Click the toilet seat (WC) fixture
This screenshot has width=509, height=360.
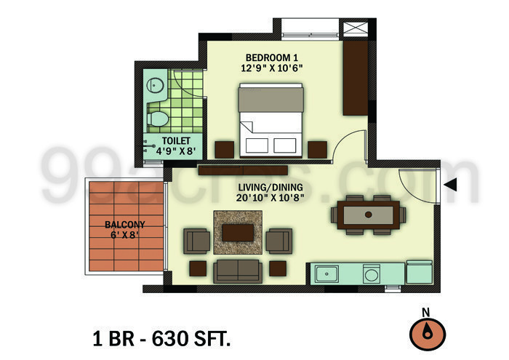click(x=158, y=116)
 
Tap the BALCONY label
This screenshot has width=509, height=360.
click(x=124, y=225)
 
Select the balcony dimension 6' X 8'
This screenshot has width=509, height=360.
click(x=124, y=236)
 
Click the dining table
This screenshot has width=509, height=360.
click(x=368, y=215)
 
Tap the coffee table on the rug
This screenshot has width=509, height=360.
click(x=238, y=232)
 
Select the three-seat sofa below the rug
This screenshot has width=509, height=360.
click(x=237, y=269)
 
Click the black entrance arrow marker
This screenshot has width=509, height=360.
click(x=450, y=185)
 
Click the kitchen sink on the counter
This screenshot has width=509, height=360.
click(x=327, y=274)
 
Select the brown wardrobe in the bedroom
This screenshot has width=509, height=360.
click(x=356, y=79)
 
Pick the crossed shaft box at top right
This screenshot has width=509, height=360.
click(x=356, y=29)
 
